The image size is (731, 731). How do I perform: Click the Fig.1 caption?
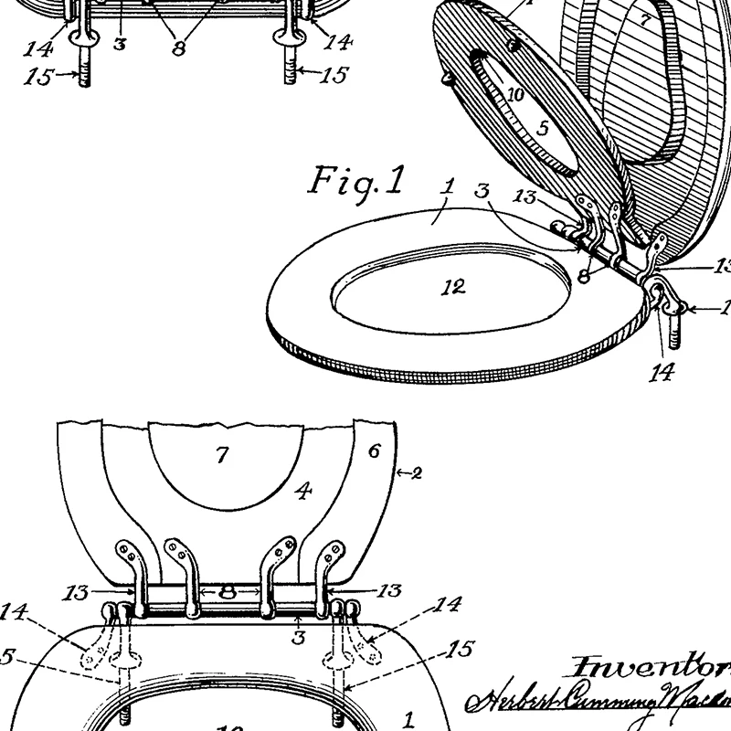(x=356, y=181)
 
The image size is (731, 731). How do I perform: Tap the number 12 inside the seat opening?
(x=452, y=287)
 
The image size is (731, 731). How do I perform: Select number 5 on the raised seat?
(x=543, y=129)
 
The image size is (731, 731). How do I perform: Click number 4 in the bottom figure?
(x=303, y=491)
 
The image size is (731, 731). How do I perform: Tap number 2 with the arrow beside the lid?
(x=409, y=473)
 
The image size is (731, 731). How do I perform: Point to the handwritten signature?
(x=594, y=700)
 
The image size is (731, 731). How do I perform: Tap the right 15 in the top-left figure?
(x=334, y=75)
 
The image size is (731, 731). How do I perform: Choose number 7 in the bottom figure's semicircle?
(x=222, y=455)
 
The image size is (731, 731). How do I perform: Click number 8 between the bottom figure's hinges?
(x=227, y=592)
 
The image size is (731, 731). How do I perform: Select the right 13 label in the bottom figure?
(x=387, y=592)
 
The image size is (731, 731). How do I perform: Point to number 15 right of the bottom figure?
(x=461, y=650)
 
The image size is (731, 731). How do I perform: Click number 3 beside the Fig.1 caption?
(x=483, y=190)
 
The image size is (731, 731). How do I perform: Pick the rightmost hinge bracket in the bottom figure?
(x=331, y=568)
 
